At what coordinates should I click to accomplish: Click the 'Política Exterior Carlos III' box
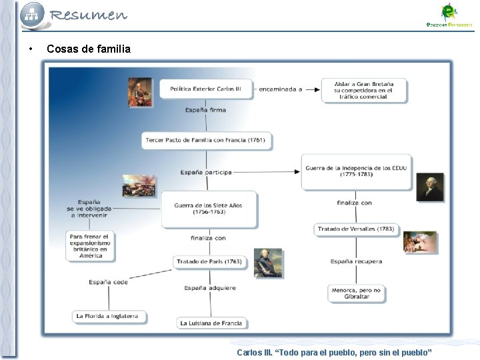205,89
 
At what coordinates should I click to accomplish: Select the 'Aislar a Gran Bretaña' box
364,91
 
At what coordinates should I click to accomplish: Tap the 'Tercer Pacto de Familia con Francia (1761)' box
206,140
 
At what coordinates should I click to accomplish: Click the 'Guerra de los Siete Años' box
208,209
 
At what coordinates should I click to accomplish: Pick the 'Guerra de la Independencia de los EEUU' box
355,171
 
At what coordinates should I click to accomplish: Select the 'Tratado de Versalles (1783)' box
356,229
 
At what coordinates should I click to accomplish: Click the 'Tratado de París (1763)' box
209,262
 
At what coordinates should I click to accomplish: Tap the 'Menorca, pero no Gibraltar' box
357,293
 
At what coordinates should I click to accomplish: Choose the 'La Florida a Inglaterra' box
108,316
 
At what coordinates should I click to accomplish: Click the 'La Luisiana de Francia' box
211,323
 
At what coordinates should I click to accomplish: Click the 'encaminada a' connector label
280,89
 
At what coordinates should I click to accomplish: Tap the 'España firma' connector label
205,110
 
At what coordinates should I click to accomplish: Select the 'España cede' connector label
108,283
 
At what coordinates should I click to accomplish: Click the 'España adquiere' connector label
210,288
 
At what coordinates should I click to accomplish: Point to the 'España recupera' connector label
356,261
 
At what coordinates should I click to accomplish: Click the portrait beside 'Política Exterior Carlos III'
141,92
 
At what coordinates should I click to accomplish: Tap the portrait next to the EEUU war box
430,187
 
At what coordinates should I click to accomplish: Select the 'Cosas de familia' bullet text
89,49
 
